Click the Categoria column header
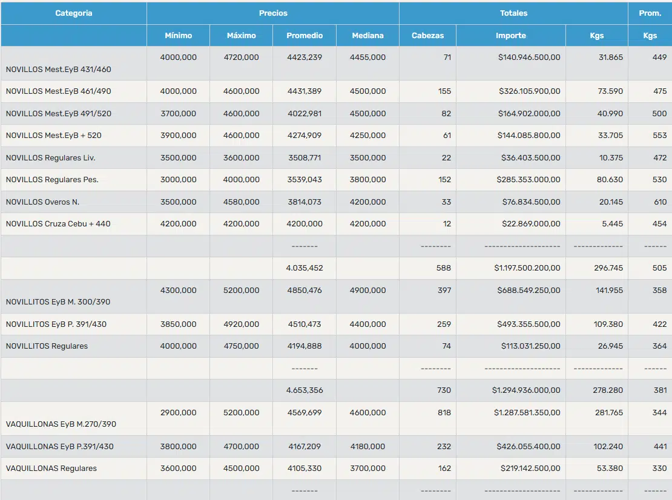pos(74,13)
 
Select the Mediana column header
pos(367,36)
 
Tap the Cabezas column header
pos(427,36)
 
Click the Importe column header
pos(511,36)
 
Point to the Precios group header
pos(273,13)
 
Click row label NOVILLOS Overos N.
pos(42,202)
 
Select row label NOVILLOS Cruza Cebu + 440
pos(58,223)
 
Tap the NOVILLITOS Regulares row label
pos(47,346)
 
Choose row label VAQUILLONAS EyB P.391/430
pos(59,447)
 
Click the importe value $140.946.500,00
pos(529,58)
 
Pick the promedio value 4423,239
pos(305,58)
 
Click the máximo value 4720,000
pos(242,58)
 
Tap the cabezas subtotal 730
pos(444,390)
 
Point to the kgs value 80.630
pos(610,180)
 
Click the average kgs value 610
pos(660,202)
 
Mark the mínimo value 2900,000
pos(178,413)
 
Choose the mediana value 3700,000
pos(367,469)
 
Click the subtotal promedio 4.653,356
pos(305,390)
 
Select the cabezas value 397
pos(444,291)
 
